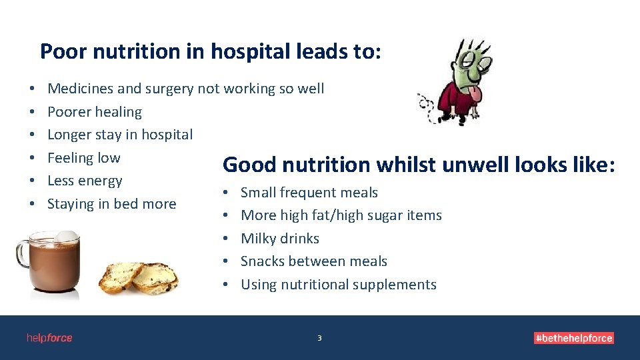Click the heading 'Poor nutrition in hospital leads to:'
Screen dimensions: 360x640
click(211, 51)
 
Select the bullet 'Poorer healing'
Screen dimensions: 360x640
click(95, 112)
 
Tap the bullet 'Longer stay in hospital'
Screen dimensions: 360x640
click(120, 135)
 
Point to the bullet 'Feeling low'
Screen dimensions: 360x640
click(84, 158)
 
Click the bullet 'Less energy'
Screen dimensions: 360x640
click(85, 181)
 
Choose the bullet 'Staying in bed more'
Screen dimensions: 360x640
click(112, 204)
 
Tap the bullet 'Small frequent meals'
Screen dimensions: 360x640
click(309, 193)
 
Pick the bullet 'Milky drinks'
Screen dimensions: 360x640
click(280, 239)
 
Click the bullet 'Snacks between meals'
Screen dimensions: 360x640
click(314, 261)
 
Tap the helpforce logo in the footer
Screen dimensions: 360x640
click(49, 338)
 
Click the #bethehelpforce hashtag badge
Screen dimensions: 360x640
click(573, 338)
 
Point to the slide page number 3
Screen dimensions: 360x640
click(319, 339)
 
